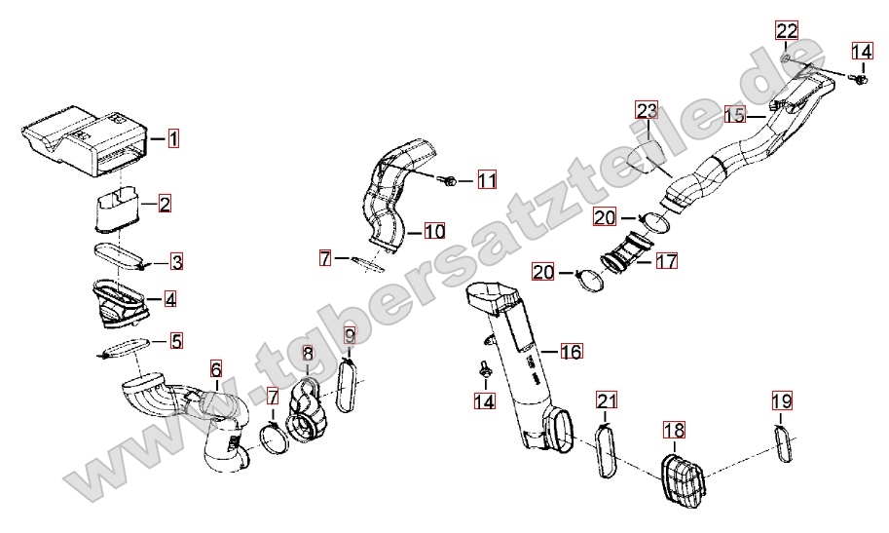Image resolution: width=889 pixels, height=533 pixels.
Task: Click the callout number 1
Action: click(x=171, y=138)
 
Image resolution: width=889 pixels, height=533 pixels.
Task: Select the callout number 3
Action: click(x=176, y=262)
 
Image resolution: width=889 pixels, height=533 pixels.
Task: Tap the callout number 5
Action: click(x=176, y=341)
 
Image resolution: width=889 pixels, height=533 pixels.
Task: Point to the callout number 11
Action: click(x=486, y=180)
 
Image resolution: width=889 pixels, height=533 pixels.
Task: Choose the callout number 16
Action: click(x=571, y=351)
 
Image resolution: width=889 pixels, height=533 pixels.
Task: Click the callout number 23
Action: click(x=648, y=110)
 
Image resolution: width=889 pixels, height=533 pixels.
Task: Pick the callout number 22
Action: click(x=787, y=30)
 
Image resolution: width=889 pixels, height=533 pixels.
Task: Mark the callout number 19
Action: click(x=782, y=400)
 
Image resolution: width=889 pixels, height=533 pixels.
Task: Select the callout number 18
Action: click(x=675, y=430)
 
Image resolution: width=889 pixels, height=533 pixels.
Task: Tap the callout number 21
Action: click(x=607, y=400)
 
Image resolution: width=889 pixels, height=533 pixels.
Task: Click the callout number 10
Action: click(x=433, y=232)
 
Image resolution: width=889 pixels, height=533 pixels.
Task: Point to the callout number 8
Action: click(x=308, y=355)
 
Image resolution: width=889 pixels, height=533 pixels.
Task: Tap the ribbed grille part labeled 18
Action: click(x=682, y=478)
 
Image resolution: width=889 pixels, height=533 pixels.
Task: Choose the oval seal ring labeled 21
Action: click(x=607, y=450)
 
